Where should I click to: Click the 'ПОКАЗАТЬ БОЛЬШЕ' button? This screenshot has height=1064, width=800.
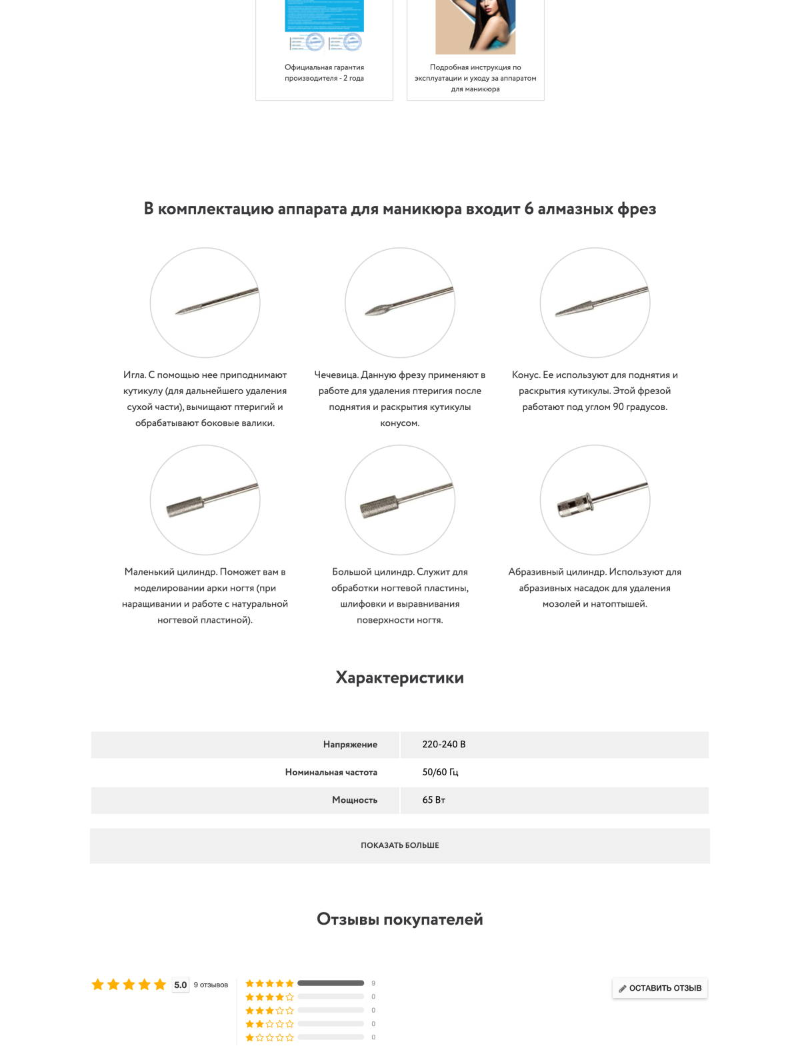click(399, 845)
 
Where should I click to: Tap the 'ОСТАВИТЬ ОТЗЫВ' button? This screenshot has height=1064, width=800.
click(659, 988)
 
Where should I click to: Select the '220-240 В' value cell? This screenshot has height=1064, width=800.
click(444, 745)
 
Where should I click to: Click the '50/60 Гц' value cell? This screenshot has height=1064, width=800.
click(440, 772)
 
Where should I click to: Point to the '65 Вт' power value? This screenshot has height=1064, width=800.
click(433, 800)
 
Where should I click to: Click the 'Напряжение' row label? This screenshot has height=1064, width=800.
click(350, 745)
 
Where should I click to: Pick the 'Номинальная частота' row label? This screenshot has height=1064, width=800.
click(331, 772)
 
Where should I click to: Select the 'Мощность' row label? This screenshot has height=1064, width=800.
click(354, 800)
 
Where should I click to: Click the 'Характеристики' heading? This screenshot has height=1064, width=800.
click(399, 677)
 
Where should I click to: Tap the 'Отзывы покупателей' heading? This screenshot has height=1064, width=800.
click(399, 919)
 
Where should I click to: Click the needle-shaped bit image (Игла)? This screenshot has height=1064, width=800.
click(205, 303)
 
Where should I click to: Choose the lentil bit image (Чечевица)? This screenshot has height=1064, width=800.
click(400, 303)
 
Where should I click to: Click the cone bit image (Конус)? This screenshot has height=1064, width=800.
click(595, 303)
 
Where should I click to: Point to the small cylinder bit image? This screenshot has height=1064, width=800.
click(205, 500)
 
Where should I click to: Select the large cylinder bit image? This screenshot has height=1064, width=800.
click(400, 500)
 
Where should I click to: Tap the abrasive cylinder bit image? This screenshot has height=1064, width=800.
click(595, 500)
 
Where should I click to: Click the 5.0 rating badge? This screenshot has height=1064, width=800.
click(180, 985)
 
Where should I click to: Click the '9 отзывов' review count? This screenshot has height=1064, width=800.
click(211, 985)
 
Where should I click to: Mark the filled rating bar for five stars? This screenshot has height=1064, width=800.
click(331, 983)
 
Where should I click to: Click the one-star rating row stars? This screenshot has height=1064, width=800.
click(269, 1037)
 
